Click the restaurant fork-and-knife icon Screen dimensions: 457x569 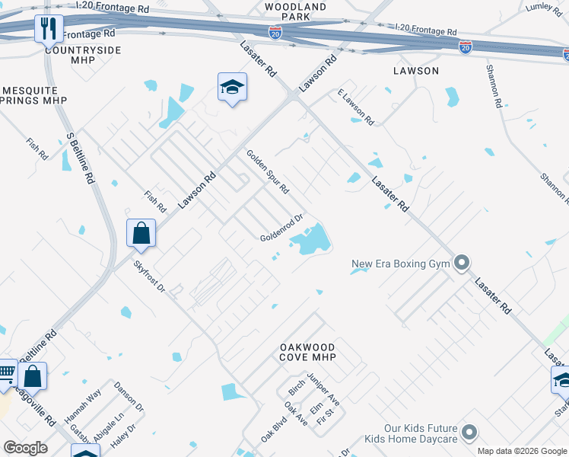[49, 29]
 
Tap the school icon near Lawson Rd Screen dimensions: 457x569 [232, 88]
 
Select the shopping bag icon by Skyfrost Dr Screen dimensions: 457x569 [141, 234]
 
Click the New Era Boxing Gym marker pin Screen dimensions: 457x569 [461, 264]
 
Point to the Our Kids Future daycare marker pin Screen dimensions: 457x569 [469, 433]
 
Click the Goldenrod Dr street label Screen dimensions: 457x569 [282, 228]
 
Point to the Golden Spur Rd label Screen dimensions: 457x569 [267, 171]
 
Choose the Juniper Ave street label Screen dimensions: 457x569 [323, 389]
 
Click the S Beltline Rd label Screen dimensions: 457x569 [81, 158]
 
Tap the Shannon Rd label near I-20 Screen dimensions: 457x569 [494, 85]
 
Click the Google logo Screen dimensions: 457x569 [25, 448]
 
